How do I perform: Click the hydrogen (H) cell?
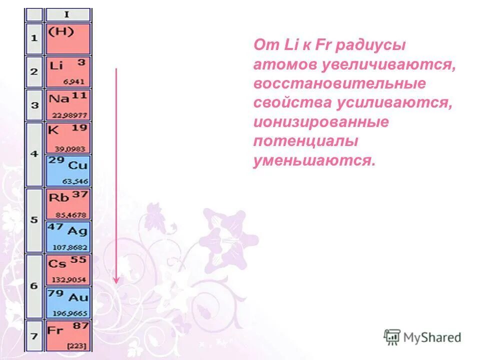68,38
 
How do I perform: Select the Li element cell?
68,72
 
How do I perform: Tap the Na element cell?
68,104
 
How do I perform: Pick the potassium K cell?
68,137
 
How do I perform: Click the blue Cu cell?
68,170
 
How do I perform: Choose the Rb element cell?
68,203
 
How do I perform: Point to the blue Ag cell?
68,237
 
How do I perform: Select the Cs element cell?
68,269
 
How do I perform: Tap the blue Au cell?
68,302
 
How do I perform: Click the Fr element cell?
68,335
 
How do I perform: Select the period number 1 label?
34,38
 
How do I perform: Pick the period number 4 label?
34,154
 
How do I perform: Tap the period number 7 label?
34,335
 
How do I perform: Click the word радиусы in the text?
370,46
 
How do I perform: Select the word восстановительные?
339,83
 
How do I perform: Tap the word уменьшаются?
313,161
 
